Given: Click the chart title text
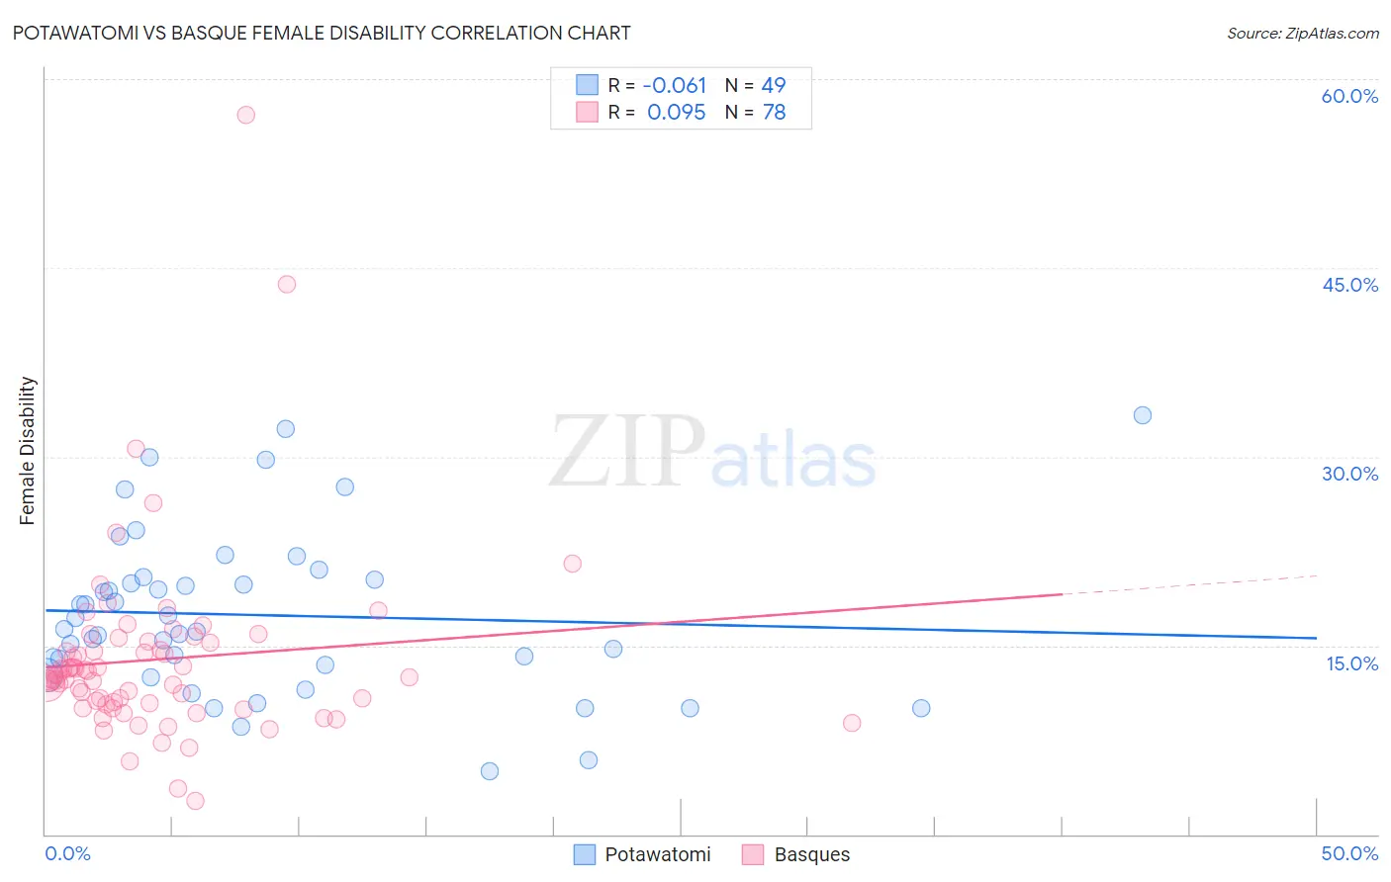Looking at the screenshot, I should click(322, 33).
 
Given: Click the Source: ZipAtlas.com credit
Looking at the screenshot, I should click(1302, 33).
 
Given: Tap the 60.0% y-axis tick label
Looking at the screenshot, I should click(1349, 96).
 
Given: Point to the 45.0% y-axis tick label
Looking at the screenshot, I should click(1349, 285).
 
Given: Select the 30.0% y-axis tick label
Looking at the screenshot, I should click(1349, 474).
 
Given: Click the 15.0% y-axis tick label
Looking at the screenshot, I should click(1351, 663).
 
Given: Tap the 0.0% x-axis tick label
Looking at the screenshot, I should click(67, 853).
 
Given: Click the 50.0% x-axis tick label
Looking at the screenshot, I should click(1349, 853).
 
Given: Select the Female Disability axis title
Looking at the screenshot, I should click(28, 451).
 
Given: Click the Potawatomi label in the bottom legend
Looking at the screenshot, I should click(657, 854).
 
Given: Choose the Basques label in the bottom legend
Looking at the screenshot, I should click(811, 854).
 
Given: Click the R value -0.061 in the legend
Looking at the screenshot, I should click(674, 85).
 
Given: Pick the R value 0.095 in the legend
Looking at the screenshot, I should click(676, 113).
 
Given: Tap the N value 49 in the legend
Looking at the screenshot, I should click(773, 85).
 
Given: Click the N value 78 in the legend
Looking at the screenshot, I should click(773, 113).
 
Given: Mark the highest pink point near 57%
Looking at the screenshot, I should click(245, 115).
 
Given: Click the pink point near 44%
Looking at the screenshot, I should click(287, 284).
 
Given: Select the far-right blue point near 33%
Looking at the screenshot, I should click(1142, 415).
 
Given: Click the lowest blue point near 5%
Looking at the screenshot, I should click(489, 771).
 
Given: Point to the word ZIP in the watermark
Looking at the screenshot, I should click(626, 453).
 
